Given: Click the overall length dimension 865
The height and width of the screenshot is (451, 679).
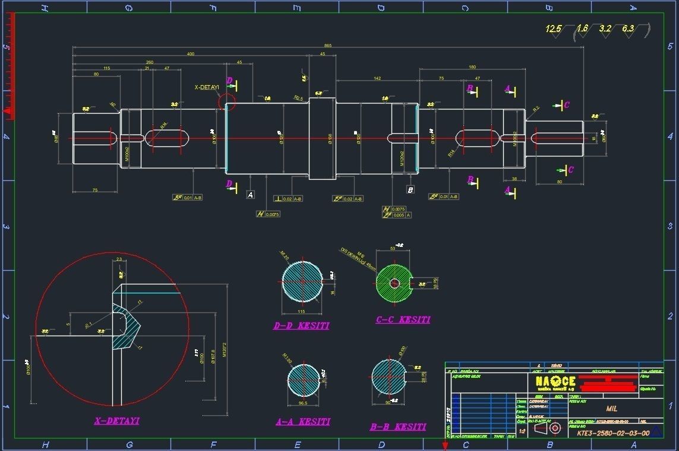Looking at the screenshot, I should pyautogui.click(x=328, y=45).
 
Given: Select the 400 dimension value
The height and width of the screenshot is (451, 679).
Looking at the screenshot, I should pyautogui.click(x=191, y=54).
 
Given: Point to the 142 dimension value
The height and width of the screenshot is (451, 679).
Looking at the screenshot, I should pyautogui.click(x=377, y=79).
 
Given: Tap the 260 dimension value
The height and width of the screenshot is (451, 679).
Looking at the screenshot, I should pyautogui.click(x=150, y=62).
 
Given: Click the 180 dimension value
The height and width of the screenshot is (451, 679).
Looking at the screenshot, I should pyautogui.click(x=472, y=67).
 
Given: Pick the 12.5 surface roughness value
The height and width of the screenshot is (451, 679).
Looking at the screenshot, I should pyautogui.click(x=554, y=29).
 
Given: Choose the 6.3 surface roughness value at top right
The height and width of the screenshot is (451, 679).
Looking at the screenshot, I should pyautogui.click(x=628, y=29).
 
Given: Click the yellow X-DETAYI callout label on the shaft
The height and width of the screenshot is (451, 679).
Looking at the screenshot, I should pyautogui.click(x=207, y=87).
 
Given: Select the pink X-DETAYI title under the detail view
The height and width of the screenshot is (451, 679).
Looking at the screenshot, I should pyautogui.click(x=116, y=421).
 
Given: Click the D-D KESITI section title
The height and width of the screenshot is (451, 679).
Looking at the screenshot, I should pyautogui.click(x=301, y=325).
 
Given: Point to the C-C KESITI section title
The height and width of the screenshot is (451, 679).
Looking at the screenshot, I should pyautogui.click(x=403, y=320).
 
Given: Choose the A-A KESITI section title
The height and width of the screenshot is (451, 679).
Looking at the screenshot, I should pyautogui.click(x=302, y=422).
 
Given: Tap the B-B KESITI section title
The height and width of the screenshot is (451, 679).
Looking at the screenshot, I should pyautogui.click(x=397, y=427).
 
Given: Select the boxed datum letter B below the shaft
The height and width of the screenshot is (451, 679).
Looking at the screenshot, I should pyautogui.click(x=410, y=190).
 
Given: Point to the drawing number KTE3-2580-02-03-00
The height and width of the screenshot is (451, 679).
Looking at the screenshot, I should pyautogui.click(x=612, y=433).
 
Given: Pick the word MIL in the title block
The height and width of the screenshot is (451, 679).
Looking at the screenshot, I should pyautogui.click(x=612, y=409).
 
